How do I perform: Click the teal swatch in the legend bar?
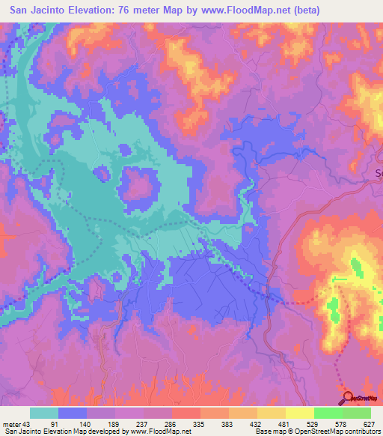tap(44, 413)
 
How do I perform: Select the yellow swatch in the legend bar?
tap(299, 413)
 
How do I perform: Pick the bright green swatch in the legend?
tap(328, 413)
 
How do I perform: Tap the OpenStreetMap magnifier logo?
tap(347, 397)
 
